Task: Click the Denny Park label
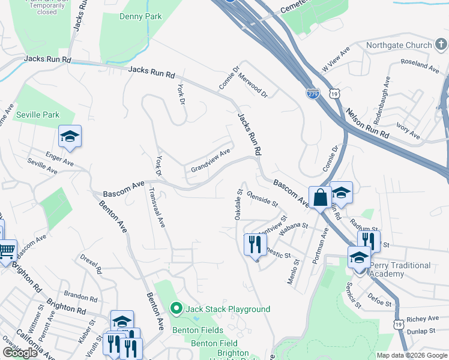point(140,17)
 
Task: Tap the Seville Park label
point(38,114)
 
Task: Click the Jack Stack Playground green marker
point(176,309)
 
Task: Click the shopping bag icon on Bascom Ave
point(320,197)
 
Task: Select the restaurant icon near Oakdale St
point(255,243)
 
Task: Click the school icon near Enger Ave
point(70,137)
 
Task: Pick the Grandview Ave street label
point(211,160)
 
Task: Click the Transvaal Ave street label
point(157,207)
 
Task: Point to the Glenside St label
point(262,199)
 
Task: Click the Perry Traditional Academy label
point(400,269)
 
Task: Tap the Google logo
point(20,353)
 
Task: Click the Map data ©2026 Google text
point(412,355)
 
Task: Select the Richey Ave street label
point(423,319)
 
